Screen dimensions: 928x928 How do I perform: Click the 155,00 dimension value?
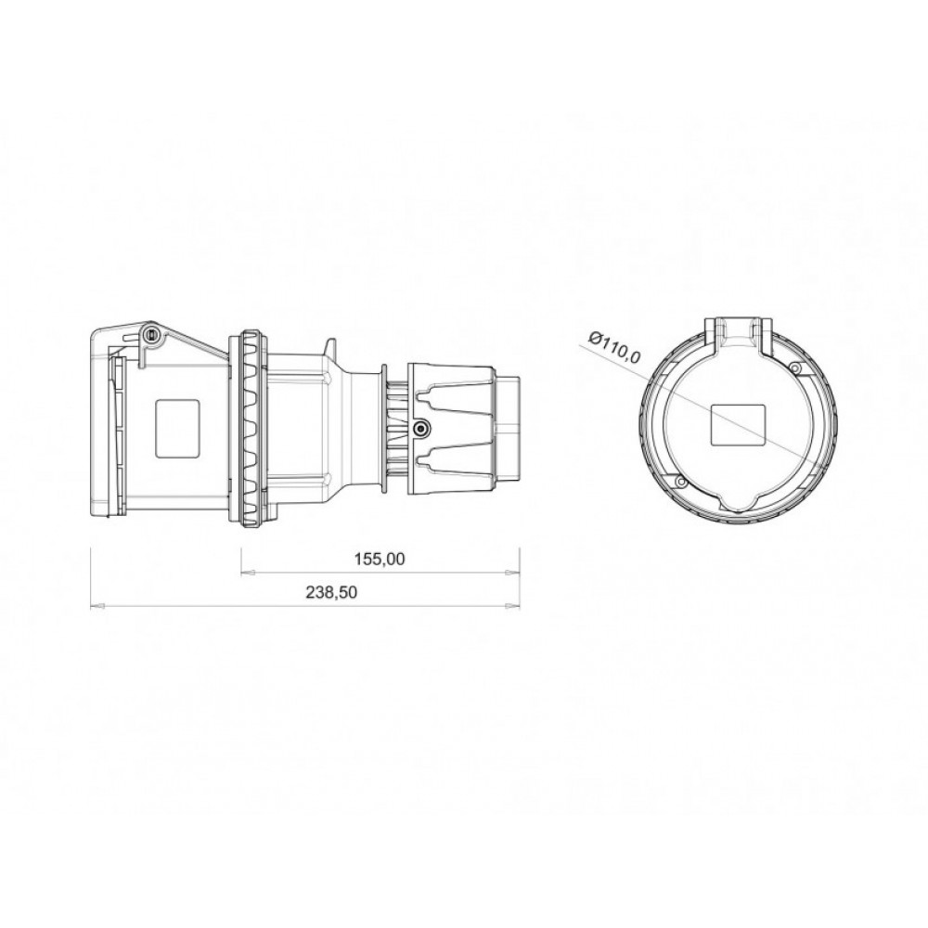coord(380,559)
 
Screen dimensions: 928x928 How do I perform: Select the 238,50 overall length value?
coord(331,593)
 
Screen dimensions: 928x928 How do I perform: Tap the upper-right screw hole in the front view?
coord(795,369)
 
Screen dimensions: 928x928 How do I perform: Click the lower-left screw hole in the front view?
coord(680,482)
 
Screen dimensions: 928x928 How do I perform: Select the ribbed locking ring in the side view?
coord(251,429)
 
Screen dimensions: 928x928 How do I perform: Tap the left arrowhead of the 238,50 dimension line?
coord(95,607)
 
